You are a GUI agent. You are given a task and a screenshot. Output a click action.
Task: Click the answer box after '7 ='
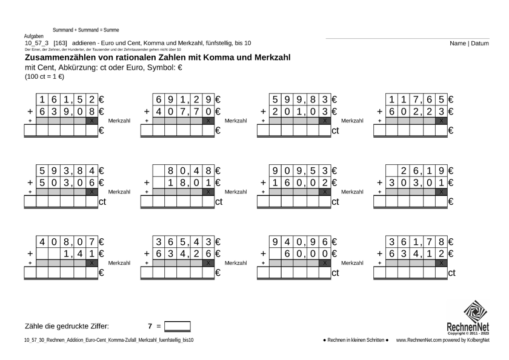[x=178, y=327]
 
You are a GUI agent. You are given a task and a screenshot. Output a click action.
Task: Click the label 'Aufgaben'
[x=33, y=36]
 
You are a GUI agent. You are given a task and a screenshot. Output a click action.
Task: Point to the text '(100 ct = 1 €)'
[x=45, y=77]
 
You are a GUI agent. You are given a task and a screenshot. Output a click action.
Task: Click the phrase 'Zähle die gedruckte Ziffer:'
[x=67, y=327]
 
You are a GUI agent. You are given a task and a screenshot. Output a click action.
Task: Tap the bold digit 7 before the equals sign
[x=150, y=327]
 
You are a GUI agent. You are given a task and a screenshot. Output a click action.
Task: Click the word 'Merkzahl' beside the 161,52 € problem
[x=119, y=121]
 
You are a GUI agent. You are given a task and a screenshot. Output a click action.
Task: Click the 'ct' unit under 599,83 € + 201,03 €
[x=335, y=130]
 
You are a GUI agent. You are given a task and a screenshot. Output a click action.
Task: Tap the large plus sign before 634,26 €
[x=147, y=254]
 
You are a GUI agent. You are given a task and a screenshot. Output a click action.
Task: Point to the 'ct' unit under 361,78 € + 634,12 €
[x=451, y=273]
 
